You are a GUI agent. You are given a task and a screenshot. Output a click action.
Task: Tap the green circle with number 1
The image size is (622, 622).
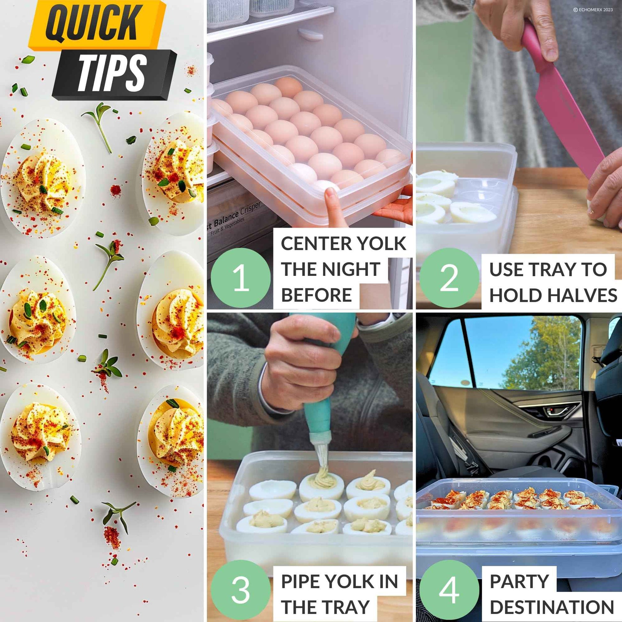click(240, 277)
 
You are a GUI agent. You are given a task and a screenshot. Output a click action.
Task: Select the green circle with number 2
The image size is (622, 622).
click(449, 277)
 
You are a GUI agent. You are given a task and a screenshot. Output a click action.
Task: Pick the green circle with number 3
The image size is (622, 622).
click(240, 589)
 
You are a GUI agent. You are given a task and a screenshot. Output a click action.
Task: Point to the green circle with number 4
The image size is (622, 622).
click(449, 589)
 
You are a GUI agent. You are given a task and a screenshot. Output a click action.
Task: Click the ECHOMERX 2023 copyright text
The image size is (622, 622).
click(593, 10)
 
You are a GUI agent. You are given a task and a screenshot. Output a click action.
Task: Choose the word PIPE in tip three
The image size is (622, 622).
click(301, 581)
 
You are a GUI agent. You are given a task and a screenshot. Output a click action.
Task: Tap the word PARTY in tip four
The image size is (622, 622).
click(519, 581)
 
